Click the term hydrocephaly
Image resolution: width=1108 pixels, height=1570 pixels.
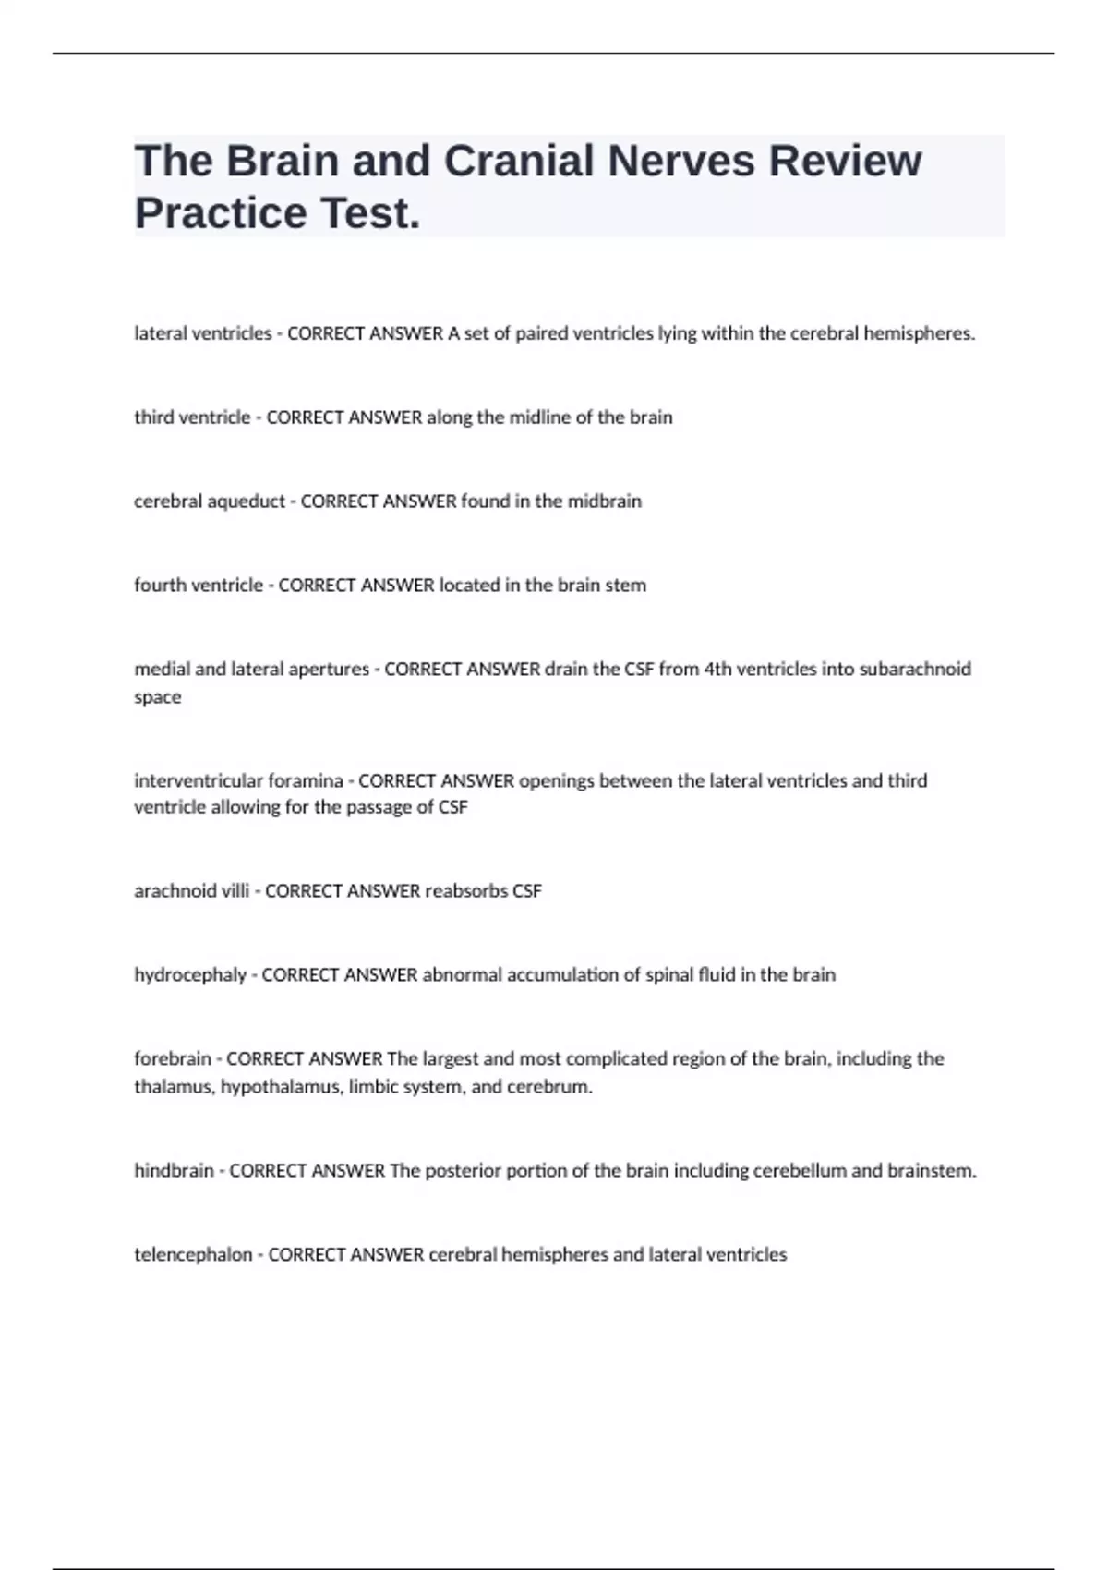point(190,975)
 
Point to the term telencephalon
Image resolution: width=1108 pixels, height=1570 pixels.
point(193,1254)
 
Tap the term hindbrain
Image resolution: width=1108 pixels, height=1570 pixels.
point(174,1170)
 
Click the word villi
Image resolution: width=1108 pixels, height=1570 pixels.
point(231,891)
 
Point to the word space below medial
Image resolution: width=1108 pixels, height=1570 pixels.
point(158,697)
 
